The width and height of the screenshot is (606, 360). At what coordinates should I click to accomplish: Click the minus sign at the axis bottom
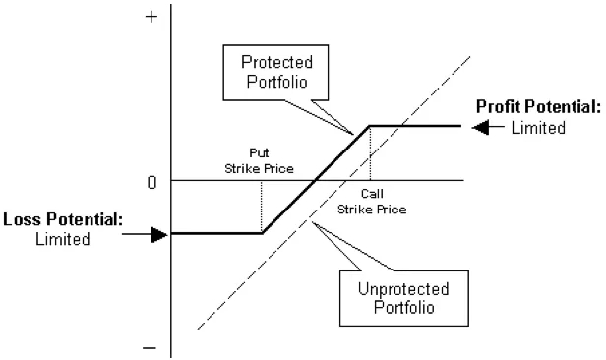pyautogui.click(x=151, y=347)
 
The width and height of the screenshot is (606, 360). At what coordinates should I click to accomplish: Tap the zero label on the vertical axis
pyautogui.click(x=151, y=182)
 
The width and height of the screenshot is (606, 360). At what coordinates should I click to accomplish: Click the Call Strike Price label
pyautogui.click(x=372, y=202)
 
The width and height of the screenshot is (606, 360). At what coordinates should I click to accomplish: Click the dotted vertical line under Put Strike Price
pyautogui.click(x=261, y=207)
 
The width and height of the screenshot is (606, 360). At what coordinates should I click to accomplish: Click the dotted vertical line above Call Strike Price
pyautogui.click(x=370, y=152)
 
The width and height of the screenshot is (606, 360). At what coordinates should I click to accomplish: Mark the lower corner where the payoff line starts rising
pyautogui.click(x=261, y=233)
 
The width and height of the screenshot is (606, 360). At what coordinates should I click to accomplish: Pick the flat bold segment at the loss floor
pyautogui.click(x=216, y=233)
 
